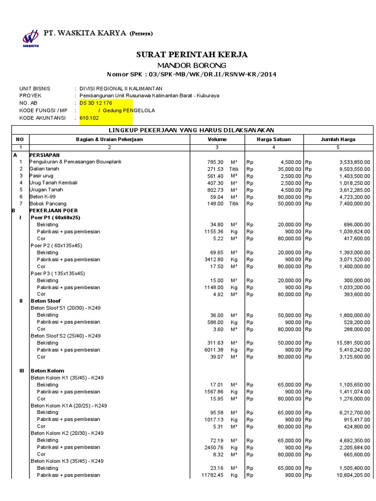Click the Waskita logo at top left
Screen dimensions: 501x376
pos(30,38)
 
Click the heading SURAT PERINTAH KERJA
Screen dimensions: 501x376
pos(191,54)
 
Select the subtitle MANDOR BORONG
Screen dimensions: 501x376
pos(191,65)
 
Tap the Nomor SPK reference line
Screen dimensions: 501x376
pos(191,74)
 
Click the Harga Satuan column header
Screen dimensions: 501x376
pos(274,139)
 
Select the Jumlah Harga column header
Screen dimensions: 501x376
pos(338,139)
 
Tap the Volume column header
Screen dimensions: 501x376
pos(217,139)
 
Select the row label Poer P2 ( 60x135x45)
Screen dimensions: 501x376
pos(56,245)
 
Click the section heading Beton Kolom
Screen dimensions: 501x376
pos(47,371)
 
